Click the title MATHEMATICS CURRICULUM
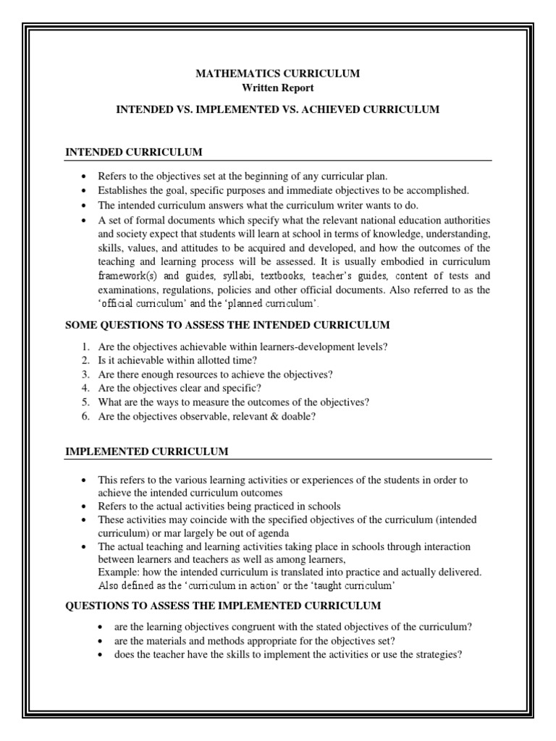point(278,74)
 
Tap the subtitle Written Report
point(278,88)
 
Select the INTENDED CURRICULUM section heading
point(134,152)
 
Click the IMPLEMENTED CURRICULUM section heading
point(147,452)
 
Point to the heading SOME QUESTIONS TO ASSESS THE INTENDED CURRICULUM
point(228,324)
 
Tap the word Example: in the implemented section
point(118,572)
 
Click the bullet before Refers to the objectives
point(85,177)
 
